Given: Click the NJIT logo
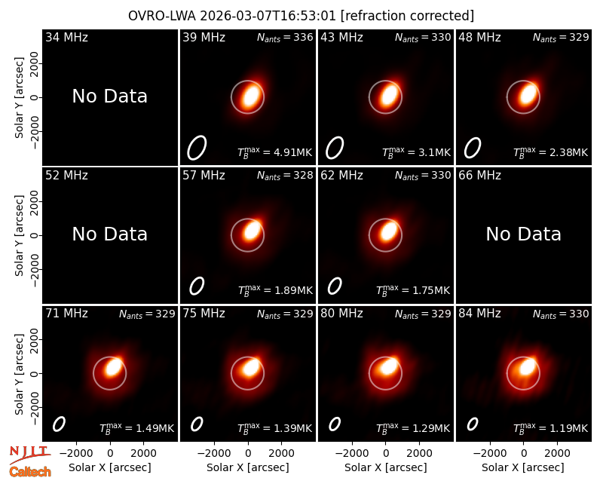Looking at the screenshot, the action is pos(30,455).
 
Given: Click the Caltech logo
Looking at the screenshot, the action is pos(30,472).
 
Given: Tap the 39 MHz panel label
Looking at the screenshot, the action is pos(204,37).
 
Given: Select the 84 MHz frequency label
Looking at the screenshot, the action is pos(479,314).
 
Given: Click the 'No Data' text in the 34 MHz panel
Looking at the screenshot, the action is pos(109,96).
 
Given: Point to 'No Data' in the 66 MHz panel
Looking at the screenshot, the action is pos(523,234).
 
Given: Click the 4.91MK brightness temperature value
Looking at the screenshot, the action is pos(275,152).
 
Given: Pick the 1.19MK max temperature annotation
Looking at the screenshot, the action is pos(551,428).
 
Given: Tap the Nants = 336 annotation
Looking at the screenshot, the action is pos(285,37).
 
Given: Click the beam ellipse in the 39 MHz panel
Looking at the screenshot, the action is pos(197,147).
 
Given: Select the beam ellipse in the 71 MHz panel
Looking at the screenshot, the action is pos(59,424).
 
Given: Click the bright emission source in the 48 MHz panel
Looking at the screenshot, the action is pos(527,93).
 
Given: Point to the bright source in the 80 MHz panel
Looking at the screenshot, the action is pos(389,366).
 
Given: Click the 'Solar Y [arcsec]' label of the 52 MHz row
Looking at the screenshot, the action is pos(20,235).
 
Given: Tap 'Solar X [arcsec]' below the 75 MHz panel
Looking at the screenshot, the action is pos(248,467).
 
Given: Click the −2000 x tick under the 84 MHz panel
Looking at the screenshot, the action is pos(489,453).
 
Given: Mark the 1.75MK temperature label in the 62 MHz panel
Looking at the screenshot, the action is pos(413,290).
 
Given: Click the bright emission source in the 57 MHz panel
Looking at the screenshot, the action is pos(252,231).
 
